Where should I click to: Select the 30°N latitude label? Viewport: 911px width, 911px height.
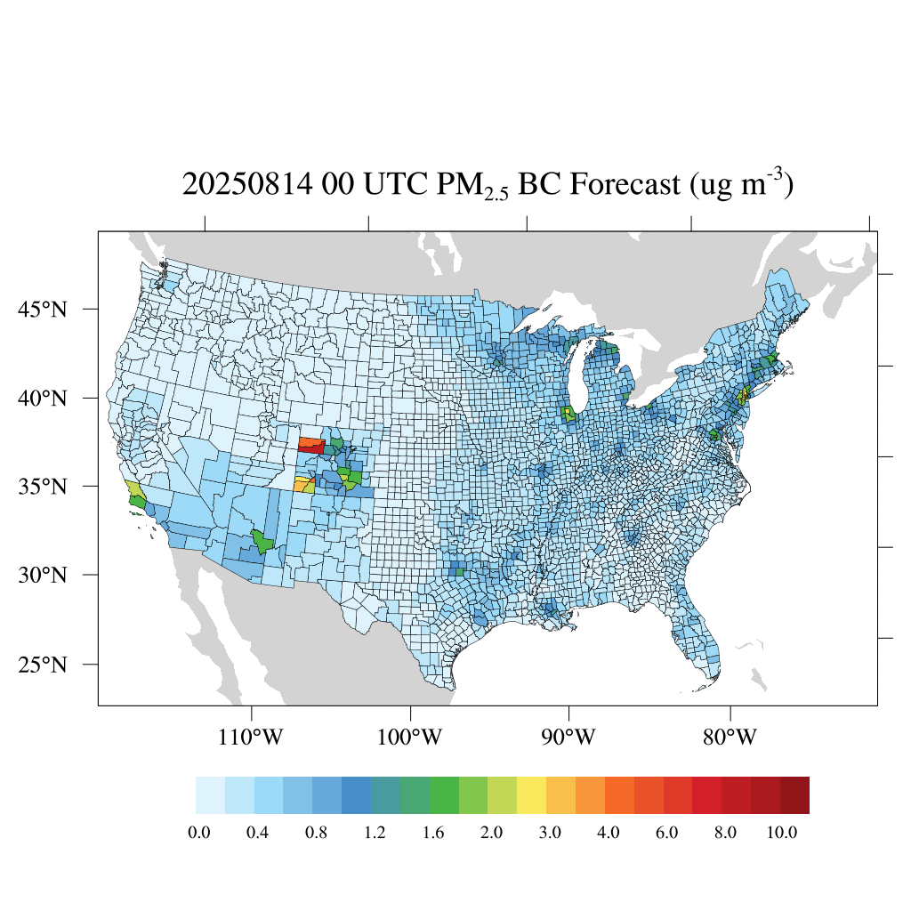[44, 575]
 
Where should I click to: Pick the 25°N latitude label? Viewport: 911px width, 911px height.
[44, 665]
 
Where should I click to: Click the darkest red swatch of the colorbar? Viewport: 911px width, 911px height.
[794, 795]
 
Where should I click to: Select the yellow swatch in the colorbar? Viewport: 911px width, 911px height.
[531, 795]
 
